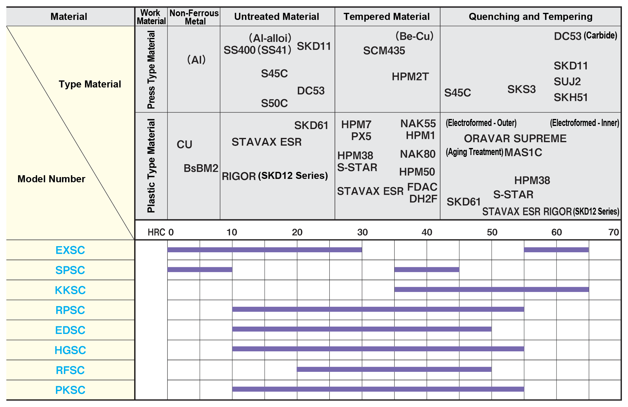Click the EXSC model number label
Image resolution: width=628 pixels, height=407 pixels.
click(70, 250)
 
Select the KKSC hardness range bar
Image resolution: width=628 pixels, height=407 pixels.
click(491, 289)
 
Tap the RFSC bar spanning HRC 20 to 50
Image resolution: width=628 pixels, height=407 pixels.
click(394, 369)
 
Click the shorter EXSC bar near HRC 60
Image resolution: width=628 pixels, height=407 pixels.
click(556, 250)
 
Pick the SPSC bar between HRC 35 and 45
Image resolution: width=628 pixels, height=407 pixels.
click(427, 269)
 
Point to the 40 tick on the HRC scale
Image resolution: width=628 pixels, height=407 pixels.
click(427, 232)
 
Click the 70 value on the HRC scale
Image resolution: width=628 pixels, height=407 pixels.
click(613, 232)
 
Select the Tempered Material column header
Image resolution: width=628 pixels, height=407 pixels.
click(387, 17)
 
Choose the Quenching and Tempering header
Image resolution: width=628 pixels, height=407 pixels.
click(531, 17)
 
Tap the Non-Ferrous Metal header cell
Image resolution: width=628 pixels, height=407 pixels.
click(194, 17)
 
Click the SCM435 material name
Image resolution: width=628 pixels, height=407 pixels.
click(384, 51)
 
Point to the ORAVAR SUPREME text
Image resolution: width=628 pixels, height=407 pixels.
click(515, 139)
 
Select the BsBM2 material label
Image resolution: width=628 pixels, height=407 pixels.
click(201, 168)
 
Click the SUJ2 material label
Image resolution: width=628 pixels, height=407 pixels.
click(567, 82)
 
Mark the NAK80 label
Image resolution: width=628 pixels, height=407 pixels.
click(417, 154)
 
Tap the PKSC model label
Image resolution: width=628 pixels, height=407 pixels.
click(70, 390)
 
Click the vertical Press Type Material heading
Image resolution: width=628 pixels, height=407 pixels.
click(151, 69)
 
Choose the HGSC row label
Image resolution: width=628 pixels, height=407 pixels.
click(70, 350)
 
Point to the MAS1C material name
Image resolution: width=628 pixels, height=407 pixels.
click(523, 152)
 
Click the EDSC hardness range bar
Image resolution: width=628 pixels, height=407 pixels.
click(362, 329)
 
